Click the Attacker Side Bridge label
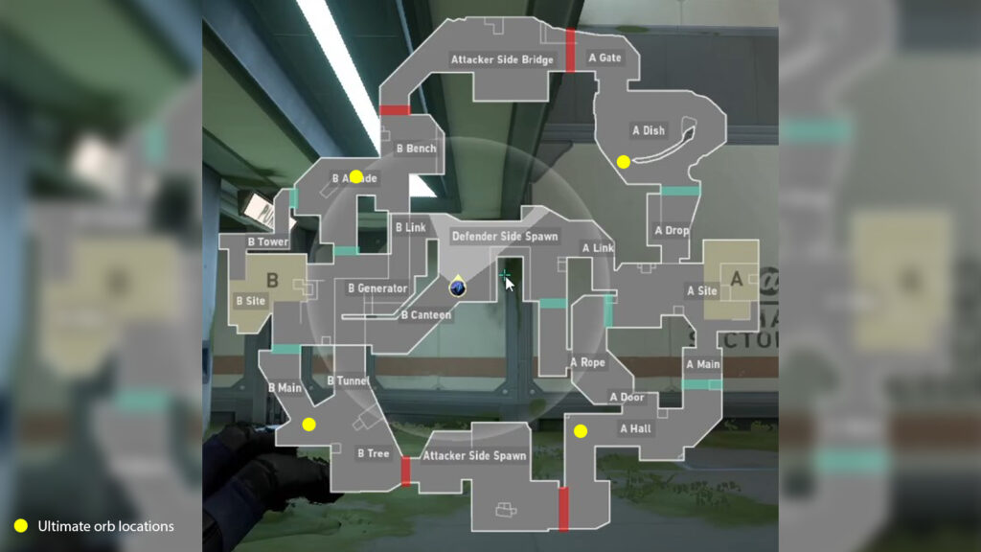(502, 60)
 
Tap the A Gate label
(605, 57)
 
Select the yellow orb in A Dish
(624, 162)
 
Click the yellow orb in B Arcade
(356, 176)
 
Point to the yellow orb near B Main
(308, 424)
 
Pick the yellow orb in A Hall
(580, 431)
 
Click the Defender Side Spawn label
(505, 236)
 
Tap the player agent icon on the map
(458, 287)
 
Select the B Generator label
(377, 287)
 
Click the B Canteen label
(425, 314)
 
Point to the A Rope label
(587, 362)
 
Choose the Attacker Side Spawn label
(475, 455)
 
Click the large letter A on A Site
(737, 279)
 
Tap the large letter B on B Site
(271, 281)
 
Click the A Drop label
(672, 230)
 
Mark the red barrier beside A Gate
(570, 49)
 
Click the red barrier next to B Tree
(405, 471)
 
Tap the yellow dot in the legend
(21, 525)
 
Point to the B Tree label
(374, 453)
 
